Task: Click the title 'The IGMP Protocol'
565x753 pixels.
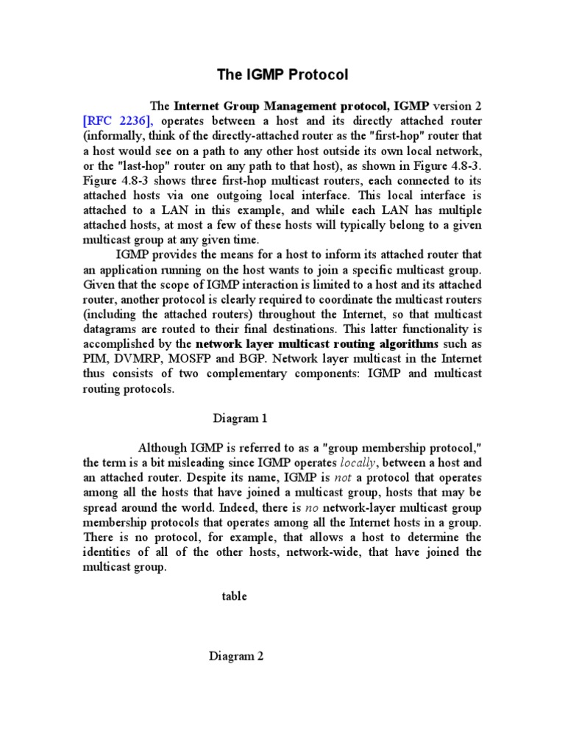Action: click(282, 74)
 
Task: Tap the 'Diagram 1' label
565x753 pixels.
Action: click(240, 418)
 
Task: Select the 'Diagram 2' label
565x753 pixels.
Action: click(235, 657)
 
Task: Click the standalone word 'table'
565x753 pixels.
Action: click(235, 596)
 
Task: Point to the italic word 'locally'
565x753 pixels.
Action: click(358, 463)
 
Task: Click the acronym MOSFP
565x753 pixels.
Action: click(200, 359)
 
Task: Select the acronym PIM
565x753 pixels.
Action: click(95, 359)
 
